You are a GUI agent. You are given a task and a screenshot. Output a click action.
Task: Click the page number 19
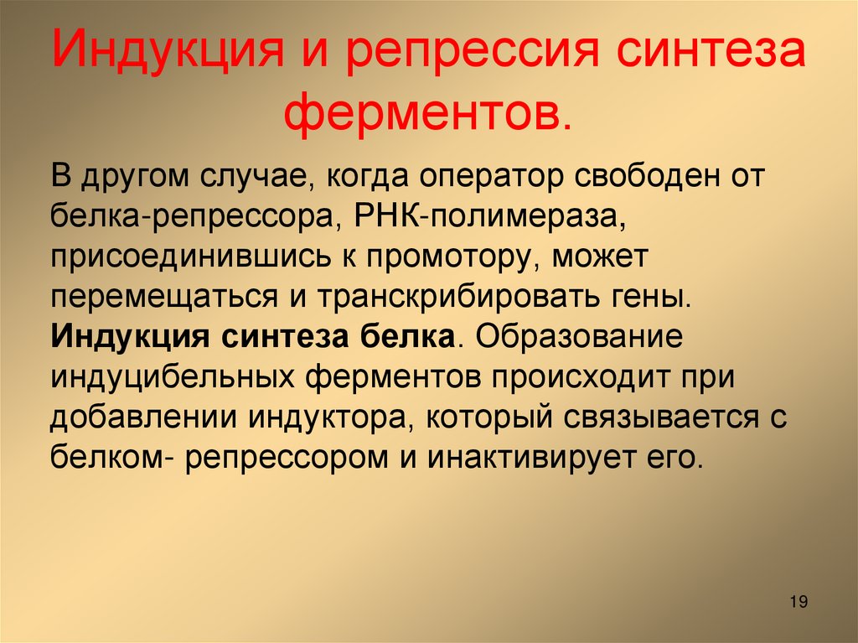[x=798, y=602]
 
